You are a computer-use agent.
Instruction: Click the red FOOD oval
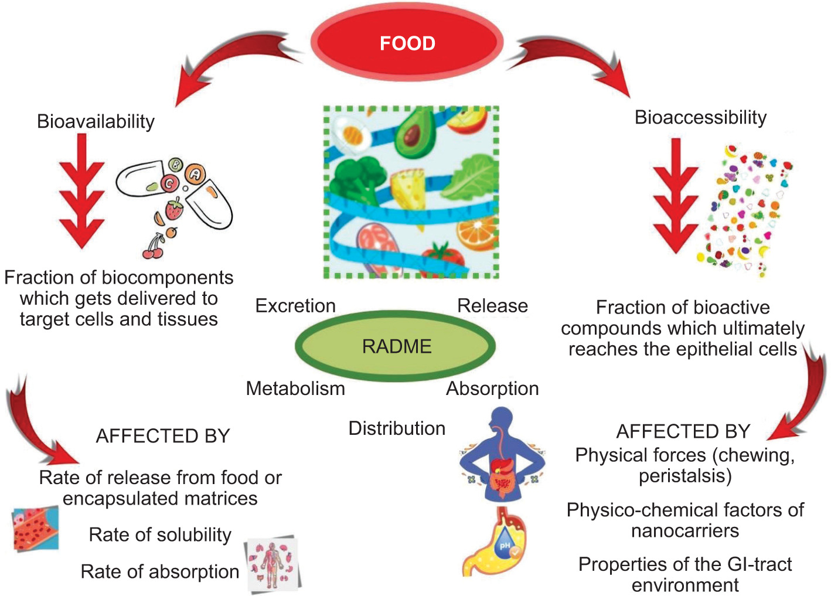(407, 43)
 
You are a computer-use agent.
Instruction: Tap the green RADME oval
(396, 346)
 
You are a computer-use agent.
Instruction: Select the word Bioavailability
(96, 121)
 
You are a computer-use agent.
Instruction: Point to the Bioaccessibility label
(700, 117)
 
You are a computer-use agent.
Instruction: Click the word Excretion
(295, 305)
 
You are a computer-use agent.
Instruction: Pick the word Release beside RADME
(492, 305)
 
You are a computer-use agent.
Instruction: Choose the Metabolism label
(295, 388)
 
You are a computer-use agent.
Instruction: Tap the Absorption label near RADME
(492, 388)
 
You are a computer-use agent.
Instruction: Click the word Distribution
(397, 428)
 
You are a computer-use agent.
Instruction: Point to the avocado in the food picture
(414, 132)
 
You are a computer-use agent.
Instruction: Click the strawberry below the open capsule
(174, 208)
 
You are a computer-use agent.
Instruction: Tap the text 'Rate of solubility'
(160, 534)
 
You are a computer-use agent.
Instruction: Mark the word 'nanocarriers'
(685, 530)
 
